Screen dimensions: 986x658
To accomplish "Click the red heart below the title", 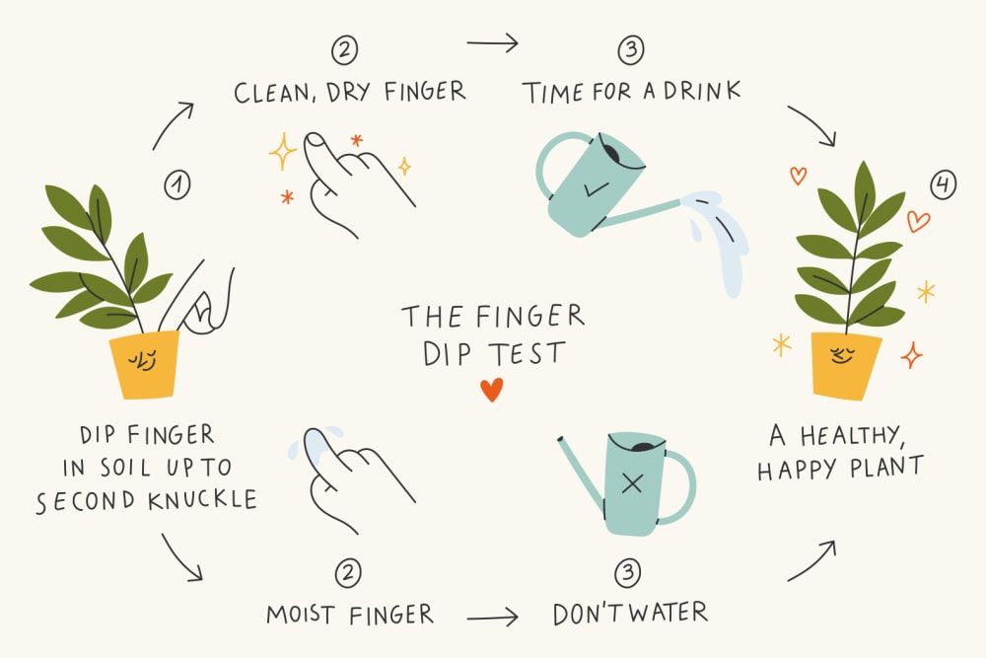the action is [492, 390].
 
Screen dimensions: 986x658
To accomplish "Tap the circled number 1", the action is [177, 184].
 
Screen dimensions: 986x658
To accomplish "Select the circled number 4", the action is [943, 184].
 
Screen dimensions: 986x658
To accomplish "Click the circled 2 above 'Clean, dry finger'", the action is [344, 50].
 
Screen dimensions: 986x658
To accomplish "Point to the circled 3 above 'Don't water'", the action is [627, 572].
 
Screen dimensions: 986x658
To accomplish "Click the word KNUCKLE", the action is [202, 500].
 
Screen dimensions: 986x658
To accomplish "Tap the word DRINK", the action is [702, 91].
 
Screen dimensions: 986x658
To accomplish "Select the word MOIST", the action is [300, 614].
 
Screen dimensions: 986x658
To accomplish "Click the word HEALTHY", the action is [852, 435].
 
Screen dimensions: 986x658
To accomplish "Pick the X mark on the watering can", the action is [632, 483].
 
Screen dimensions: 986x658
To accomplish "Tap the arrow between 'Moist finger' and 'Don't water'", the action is [492, 618].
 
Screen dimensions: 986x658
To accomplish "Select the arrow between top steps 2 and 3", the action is [492, 42].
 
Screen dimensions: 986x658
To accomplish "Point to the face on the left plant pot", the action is [142, 360].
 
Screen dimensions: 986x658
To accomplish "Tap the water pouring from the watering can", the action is [718, 239].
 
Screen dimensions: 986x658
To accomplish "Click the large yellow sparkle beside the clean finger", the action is [282, 152].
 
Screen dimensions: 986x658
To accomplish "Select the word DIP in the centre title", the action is [447, 354].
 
